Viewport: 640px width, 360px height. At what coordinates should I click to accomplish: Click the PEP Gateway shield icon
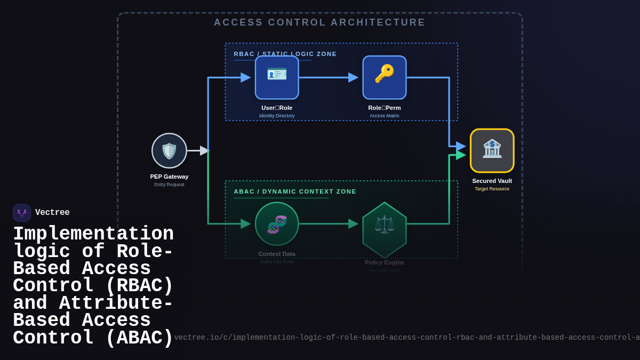169,151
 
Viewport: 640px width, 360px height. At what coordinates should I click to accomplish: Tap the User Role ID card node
277,77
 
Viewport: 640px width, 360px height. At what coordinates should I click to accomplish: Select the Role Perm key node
385,77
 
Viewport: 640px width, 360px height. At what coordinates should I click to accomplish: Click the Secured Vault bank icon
492,150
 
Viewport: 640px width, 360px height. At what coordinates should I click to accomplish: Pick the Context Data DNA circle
277,224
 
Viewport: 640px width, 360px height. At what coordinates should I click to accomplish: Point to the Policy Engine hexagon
385,229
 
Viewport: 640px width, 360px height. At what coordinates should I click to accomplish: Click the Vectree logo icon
22,213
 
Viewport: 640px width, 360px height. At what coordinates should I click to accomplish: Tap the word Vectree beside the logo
52,213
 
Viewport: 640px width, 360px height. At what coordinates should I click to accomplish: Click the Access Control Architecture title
319,22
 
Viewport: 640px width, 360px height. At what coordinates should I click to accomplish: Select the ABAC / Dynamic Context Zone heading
295,191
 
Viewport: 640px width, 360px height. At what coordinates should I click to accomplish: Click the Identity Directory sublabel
277,116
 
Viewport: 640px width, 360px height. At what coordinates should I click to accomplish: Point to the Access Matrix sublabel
385,116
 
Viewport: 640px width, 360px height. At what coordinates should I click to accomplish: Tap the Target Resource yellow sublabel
492,189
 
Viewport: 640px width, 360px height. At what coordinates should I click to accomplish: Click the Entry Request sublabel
169,185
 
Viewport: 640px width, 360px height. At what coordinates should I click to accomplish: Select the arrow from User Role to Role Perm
328,77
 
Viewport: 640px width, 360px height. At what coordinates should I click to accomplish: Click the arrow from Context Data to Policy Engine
328,224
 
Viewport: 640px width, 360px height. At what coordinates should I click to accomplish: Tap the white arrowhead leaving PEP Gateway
204,151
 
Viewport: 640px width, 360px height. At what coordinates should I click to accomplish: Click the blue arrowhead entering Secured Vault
461,146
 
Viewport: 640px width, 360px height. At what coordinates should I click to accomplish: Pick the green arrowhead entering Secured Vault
461,155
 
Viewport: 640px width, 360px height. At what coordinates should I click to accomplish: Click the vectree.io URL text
405,338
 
